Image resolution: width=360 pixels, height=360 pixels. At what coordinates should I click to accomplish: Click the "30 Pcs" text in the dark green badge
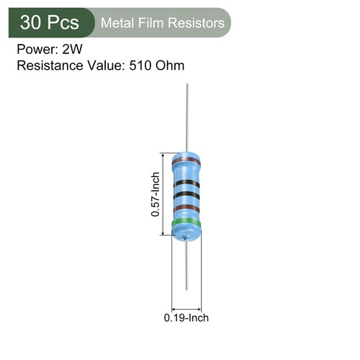[50, 23]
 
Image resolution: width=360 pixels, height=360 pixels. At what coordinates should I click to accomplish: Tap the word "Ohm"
[174, 66]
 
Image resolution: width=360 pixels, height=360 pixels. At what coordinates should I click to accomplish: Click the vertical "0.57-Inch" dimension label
[155, 194]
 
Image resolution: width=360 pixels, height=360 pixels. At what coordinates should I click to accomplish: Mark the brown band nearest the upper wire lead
[186, 157]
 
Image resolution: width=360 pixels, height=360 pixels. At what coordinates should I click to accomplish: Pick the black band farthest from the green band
[186, 183]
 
